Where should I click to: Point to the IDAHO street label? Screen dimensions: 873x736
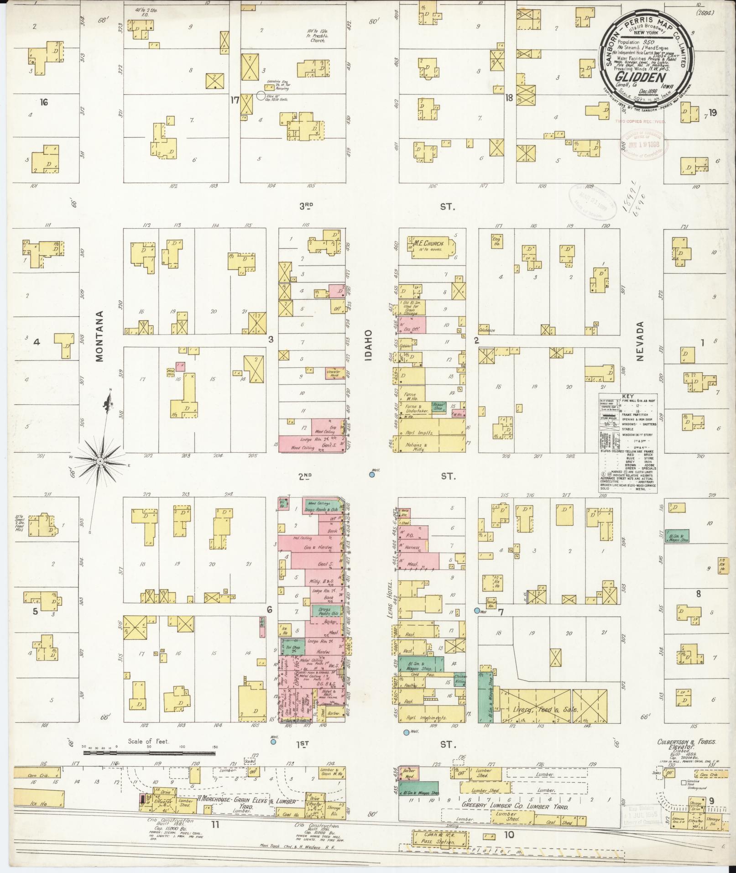coord(369,346)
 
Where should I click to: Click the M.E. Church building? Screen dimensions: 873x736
coord(427,247)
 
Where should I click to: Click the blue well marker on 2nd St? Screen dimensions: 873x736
coord(372,475)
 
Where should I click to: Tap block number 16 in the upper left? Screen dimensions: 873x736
coord(44,102)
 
